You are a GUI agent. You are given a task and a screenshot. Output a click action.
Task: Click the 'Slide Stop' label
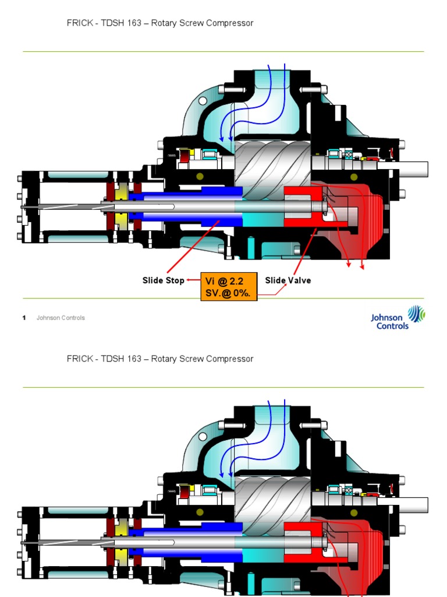pos(163,280)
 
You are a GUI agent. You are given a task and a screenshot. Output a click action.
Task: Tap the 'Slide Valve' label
pos(288,280)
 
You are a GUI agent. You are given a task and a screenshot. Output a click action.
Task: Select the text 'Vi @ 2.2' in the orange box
pos(225,281)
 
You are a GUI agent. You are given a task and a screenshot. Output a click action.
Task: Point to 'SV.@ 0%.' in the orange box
pos(228,293)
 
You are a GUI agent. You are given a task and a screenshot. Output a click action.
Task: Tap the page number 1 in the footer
pos(24,318)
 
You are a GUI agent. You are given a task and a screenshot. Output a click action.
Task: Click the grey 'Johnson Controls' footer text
pos(61,318)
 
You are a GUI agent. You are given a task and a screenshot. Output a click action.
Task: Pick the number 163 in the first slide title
pos(134,23)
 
